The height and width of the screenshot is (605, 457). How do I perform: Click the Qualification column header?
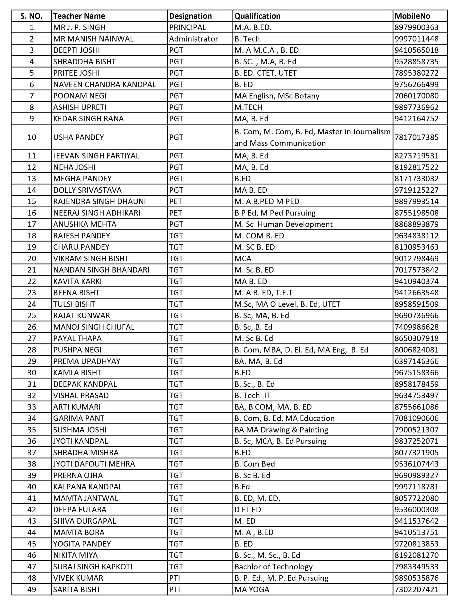coord(257,16)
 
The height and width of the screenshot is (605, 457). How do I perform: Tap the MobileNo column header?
coord(412,16)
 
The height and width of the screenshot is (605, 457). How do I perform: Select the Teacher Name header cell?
coord(79,16)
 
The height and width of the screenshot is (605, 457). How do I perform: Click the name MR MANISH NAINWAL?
coord(93,39)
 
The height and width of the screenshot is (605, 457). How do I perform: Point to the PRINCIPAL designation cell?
coord(188,27)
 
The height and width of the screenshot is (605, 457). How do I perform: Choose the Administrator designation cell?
coord(193,39)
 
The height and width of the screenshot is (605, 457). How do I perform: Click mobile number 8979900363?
coord(416,27)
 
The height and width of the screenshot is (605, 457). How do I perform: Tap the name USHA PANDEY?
coord(78,137)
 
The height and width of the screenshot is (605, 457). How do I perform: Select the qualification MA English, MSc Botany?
coord(277,96)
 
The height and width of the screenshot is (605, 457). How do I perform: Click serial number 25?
coord(32,315)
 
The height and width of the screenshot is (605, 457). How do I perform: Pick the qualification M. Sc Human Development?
coord(283,224)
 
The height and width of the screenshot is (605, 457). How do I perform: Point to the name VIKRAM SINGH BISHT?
coord(91,259)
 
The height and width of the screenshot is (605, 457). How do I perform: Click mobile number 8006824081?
coord(416,350)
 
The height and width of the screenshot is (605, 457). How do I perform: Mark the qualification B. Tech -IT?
coord(252,395)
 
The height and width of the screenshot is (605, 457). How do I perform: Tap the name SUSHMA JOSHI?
coord(80,430)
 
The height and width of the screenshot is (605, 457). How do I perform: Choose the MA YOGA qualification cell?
coord(252,589)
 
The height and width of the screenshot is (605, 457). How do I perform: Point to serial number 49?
coord(32,589)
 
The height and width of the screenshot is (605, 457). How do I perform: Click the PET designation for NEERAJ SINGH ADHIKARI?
coord(175,213)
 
